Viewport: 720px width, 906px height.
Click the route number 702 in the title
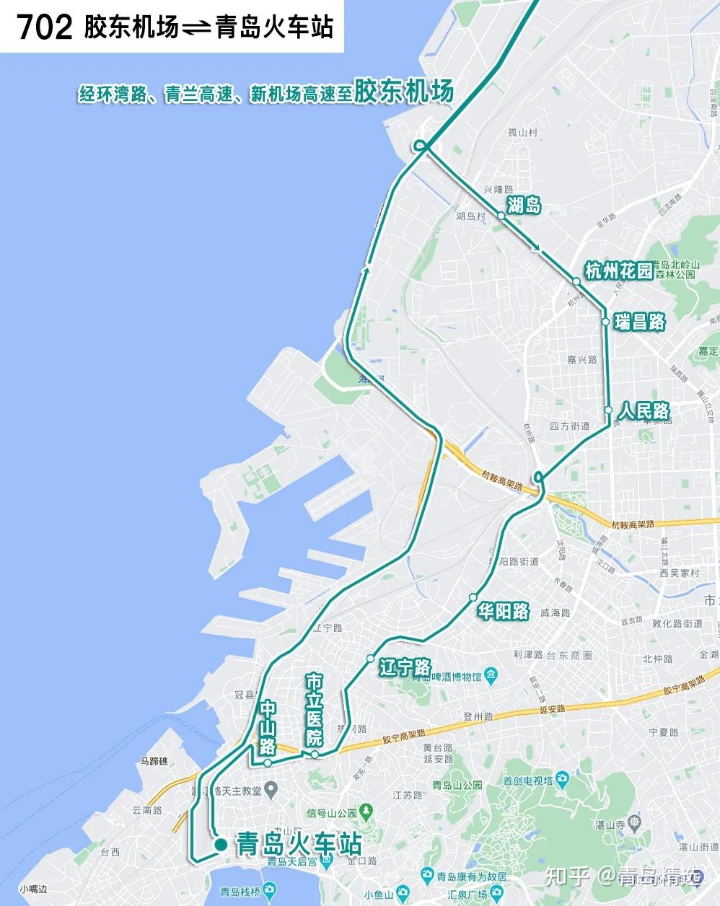tap(45, 27)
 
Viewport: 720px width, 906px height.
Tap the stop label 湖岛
tap(524, 206)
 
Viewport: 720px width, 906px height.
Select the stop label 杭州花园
tap(618, 271)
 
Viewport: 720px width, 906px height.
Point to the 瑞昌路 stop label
tap(639, 322)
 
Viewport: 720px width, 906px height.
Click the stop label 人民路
tap(644, 412)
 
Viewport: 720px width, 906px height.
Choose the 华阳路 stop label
tap(504, 612)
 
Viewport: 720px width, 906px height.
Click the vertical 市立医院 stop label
tap(315, 710)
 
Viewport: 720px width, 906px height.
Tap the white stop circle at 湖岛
tap(501, 215)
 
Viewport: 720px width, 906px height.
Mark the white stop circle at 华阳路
tap(473, 597)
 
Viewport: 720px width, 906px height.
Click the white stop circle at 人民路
tap(609, 410)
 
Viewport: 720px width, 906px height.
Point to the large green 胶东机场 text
tap(404, 91)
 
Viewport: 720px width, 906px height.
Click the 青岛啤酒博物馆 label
tap(452, 677)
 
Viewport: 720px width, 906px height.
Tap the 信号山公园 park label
tap(332, 812)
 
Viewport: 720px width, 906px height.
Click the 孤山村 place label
tap(523, 132)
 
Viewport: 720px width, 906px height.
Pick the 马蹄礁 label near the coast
tap(154, 761)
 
